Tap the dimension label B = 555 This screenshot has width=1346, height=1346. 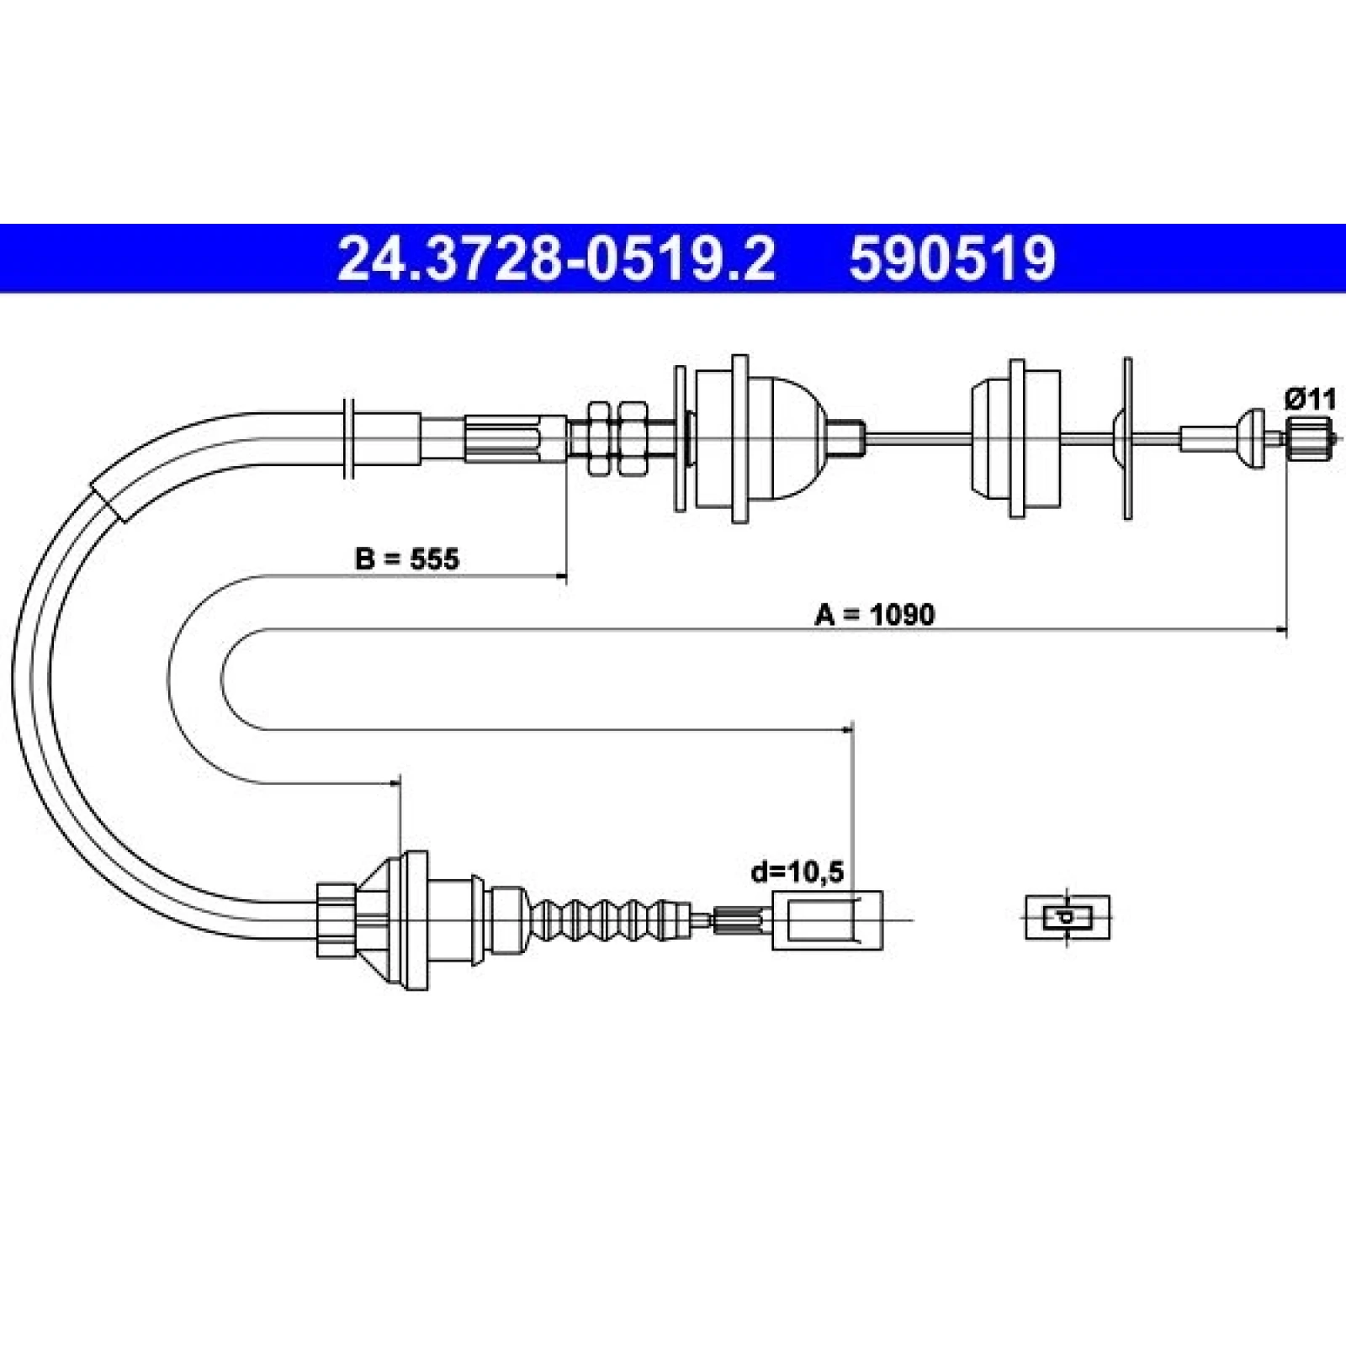407,559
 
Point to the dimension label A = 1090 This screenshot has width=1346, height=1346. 874,615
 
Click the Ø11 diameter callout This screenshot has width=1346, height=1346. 1310,399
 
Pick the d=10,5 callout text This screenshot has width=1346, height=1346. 798,872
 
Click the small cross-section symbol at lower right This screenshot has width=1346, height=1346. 1067,917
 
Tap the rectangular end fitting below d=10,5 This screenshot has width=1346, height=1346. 827,919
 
